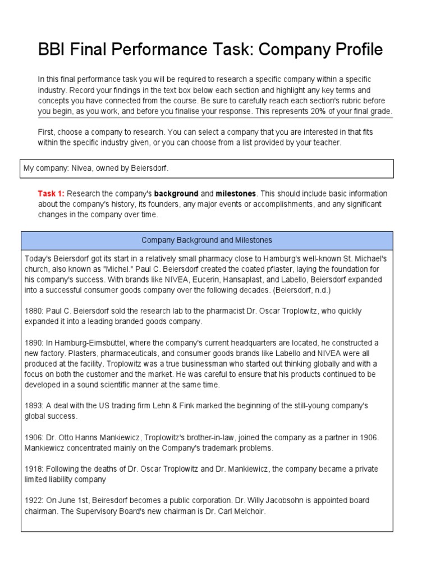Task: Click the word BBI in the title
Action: (x=52, y=50)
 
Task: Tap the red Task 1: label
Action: (x=51, y=194)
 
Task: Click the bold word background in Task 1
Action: (x=176, y=194)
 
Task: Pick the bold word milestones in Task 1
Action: (x=236, y=194)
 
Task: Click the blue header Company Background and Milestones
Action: (x=207, y=240)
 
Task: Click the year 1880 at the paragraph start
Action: (x=33, y=311)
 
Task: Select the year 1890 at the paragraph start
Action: (x=33, y=343)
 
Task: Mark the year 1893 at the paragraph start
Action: (x=33, y=405)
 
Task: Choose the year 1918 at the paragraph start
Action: (x=33, y=469)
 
